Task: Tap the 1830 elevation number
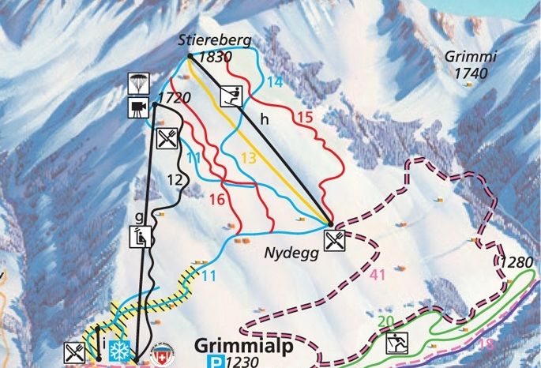[x=216, y=58]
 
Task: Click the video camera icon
[x=138, y=107]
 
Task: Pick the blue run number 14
[x=274, y=81]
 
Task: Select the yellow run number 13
[x=249, y=158]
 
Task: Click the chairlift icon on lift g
[x=141, y=235]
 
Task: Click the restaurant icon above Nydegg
[x=335, y=238]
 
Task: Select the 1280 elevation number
[x=516, y=262]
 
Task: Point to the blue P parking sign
[x=216, y=362]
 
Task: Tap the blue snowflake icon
[x=119, y=351]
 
